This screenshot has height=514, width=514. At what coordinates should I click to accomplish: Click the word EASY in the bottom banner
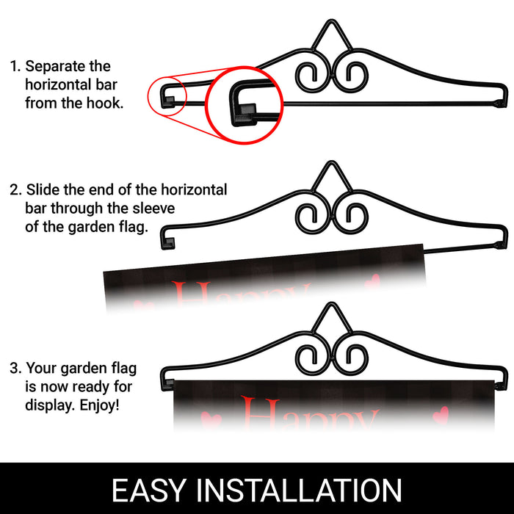[149, 490]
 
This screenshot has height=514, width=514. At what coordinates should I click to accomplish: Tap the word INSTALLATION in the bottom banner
[298, 490]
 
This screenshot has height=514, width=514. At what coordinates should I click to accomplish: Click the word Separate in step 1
[55, 67]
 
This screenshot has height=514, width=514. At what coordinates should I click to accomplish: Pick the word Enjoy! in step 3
[100, 405]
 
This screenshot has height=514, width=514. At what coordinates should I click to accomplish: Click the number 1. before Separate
[15, 67]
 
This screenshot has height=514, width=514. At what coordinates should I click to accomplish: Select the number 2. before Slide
[15, 189]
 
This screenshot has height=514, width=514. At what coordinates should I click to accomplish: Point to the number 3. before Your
[15, 368]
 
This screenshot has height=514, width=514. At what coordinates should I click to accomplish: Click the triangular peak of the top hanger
[331, 21]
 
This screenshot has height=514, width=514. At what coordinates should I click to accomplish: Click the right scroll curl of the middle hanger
[367, 216]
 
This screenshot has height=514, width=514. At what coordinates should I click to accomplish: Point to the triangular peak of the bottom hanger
[331, 303]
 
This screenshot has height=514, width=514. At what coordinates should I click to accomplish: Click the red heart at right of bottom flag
[441, 413]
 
